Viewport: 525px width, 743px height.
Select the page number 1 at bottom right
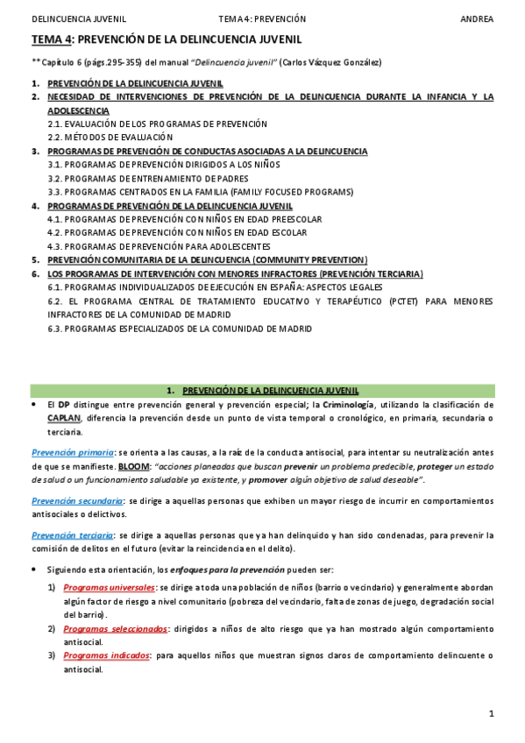(492, 714)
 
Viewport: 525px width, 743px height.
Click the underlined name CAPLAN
(65, 419)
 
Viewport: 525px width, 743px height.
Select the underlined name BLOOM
(134, 466)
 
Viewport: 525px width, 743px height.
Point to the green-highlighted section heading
(262, 390)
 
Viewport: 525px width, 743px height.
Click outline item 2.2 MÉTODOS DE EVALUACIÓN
(110, 138)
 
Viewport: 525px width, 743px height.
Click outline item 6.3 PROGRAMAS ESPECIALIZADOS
(180, 329)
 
